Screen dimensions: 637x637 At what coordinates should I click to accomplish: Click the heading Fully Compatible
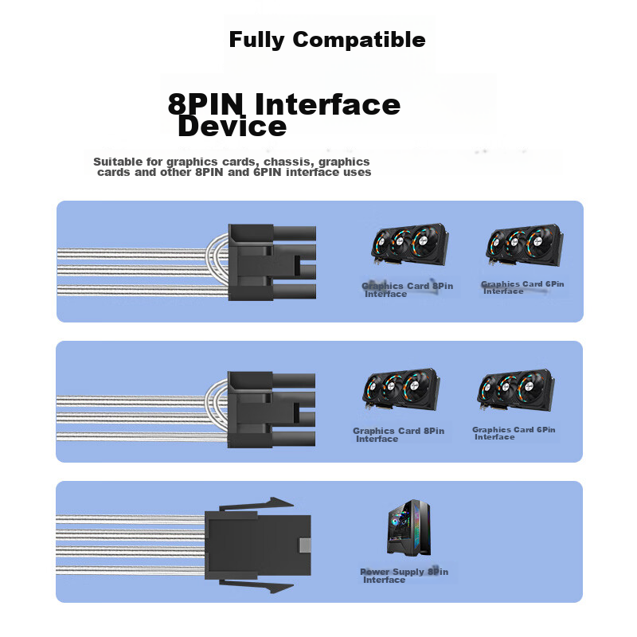pyautogui.click(x=327, y=40)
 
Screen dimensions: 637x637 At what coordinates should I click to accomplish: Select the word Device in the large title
pyautogui.click(x=232, y=127)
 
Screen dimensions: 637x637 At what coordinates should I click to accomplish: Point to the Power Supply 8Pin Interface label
pyautogui.click(x=404, y=576)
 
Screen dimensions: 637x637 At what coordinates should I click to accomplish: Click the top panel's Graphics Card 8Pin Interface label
pyautogui.click(x=407, y=290)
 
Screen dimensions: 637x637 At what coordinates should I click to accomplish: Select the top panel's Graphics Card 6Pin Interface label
pyautogui.click(x=522, y=287)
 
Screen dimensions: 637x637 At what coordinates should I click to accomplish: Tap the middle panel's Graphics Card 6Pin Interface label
pyautogui.click(x=514, y=433)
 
